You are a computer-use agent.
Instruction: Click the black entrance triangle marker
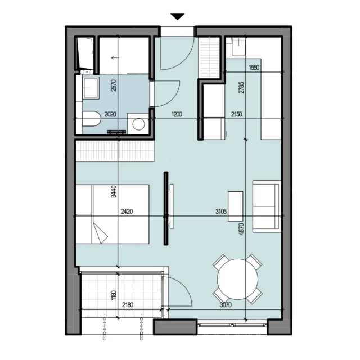coord(178,17)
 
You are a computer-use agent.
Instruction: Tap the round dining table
coord(237,279)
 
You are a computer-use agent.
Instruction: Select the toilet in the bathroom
coord(92,119)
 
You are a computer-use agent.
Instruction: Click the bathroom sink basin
coord(91,88)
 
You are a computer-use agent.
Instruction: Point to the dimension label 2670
coord(114,85)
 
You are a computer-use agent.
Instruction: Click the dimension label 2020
coord(110,114)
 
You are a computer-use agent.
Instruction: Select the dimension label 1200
coord(177,114)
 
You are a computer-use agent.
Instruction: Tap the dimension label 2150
coord(236,114)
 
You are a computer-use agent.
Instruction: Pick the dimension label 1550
coord(254,67)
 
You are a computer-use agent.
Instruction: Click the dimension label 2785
coord(241,88)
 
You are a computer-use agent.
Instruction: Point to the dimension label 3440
coord(114,191)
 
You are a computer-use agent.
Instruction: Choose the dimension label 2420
coord(127,211)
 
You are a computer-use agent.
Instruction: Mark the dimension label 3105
coord(221,211)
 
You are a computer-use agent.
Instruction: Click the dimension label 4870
coord(241,229)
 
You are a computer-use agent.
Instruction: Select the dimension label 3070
coord(226,305)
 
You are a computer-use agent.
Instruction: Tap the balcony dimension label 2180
coord(128,305)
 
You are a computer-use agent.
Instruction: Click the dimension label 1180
coord(114,295)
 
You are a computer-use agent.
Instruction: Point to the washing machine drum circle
coord(138,124)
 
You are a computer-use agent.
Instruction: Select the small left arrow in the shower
coord(115,57)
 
